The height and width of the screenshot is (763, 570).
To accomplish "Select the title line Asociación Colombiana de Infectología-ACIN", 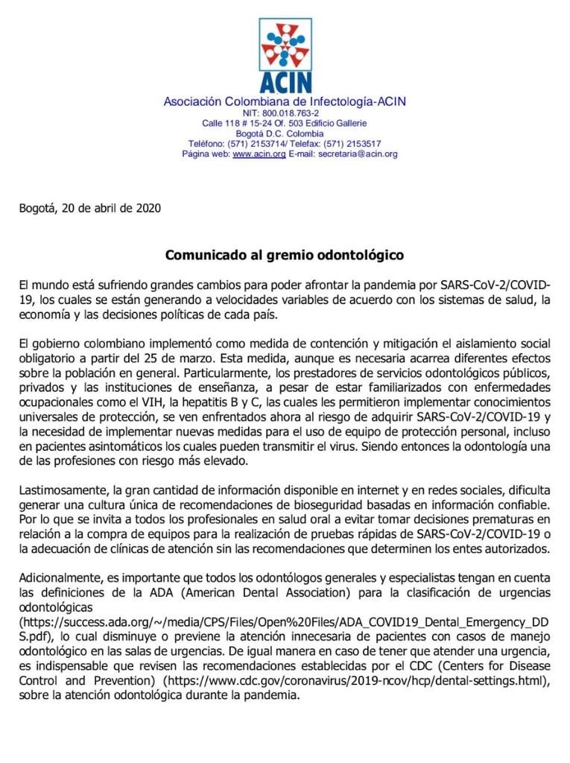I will click(x=285, y=101).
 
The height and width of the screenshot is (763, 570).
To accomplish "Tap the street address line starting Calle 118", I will click(x=285, y=123).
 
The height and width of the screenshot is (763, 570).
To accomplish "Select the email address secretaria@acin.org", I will click(x=357, y=154).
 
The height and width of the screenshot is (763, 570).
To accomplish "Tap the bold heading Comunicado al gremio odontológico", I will click(x=285, y=255).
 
